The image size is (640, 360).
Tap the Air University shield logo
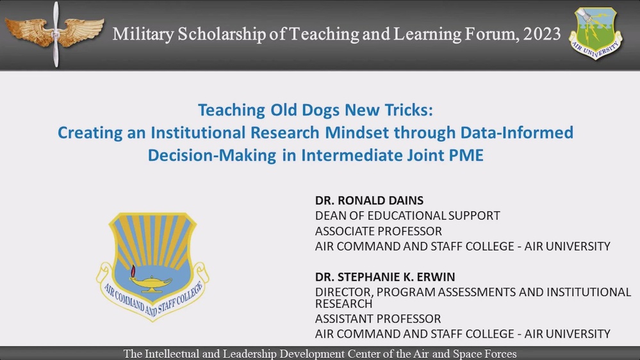[595, 33]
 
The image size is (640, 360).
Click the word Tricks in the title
[409, 110]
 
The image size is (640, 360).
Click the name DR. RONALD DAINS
[360, 200]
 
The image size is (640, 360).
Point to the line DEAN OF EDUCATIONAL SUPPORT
[407, 216]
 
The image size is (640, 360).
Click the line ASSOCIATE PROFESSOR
[379, 231]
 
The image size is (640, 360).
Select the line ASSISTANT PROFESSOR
[378, 318]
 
